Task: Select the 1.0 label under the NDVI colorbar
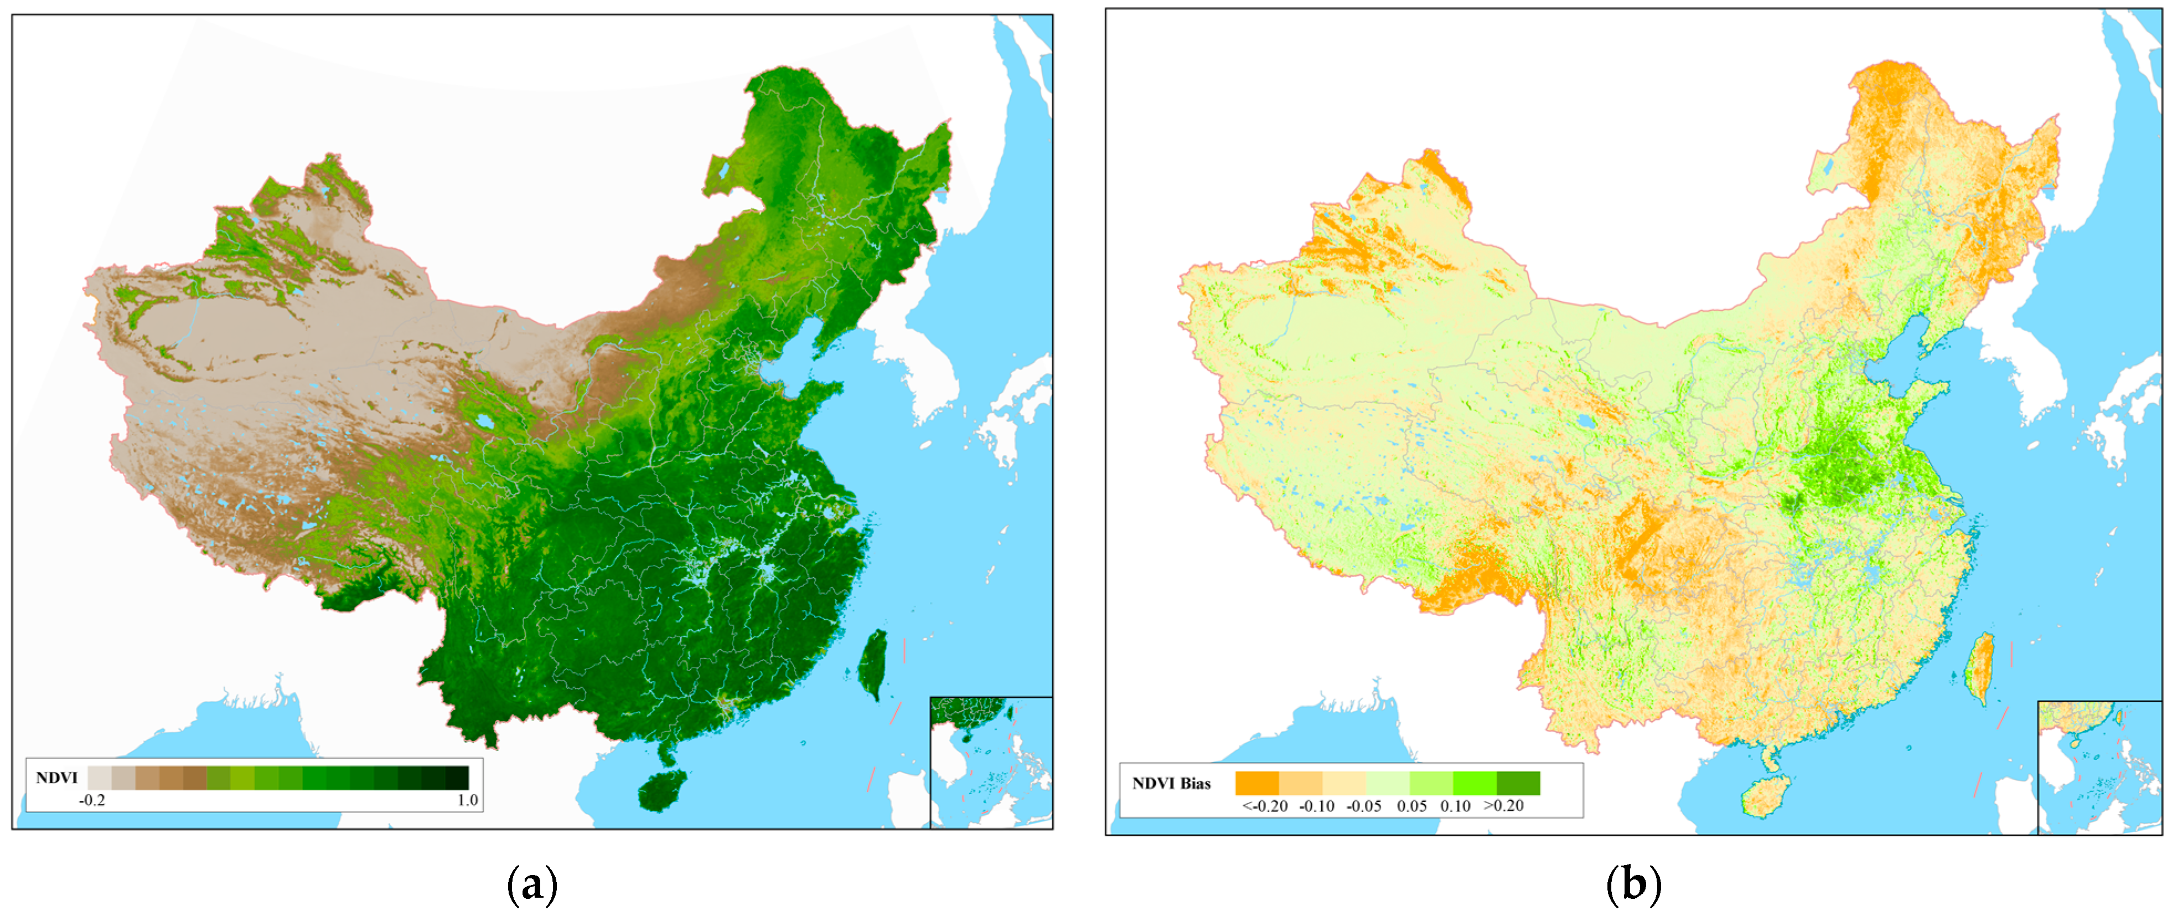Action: click(467, 800)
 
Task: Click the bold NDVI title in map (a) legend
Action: click(56, 778)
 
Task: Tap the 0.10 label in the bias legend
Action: click(1455, 805)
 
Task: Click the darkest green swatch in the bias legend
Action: click(1518, 783)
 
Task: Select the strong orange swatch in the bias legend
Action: click(1257, 783)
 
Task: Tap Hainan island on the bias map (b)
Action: click(1765, 797)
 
